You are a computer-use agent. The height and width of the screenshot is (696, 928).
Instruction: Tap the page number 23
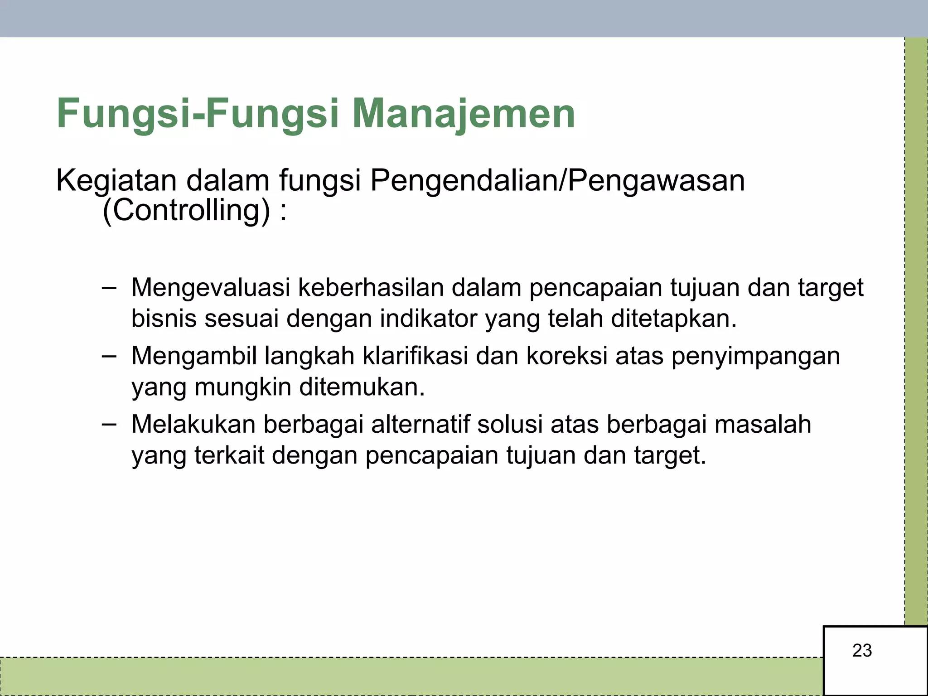[862, 651]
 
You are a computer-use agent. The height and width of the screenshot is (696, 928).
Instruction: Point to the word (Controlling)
[186, 211]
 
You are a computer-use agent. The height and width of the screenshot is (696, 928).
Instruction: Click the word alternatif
[420, 425]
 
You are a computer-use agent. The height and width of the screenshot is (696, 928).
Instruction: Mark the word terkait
[229, 455]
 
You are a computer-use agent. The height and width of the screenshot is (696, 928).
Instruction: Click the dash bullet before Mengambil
[109, 356]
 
